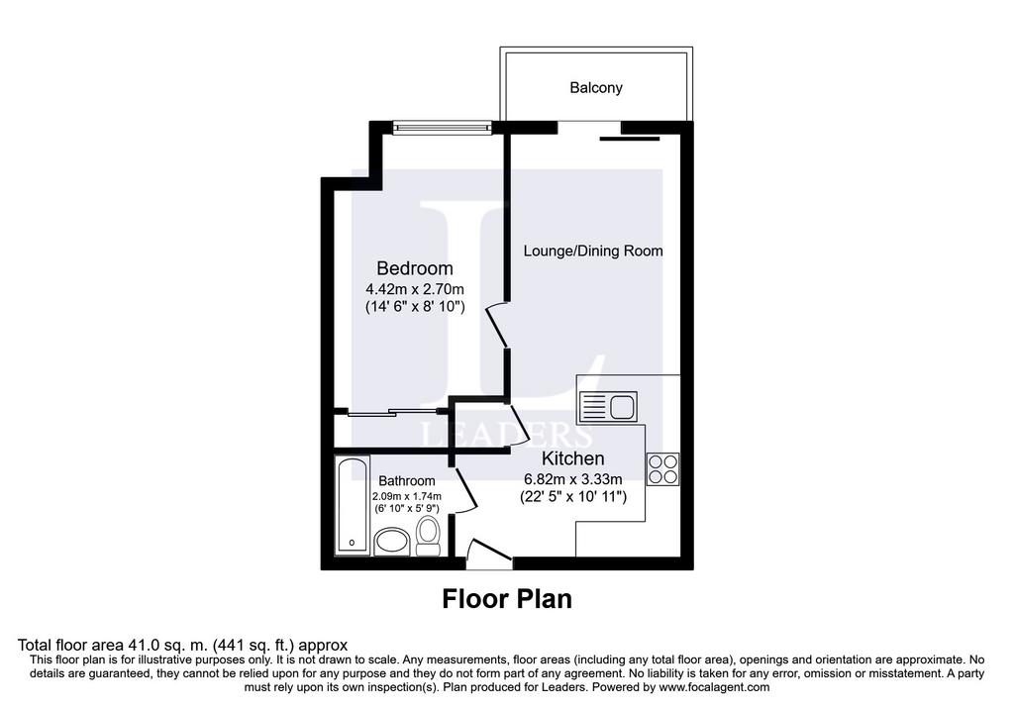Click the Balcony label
click(x=595, y=87)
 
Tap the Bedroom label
click(x=415, y=268)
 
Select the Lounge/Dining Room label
click(x=593, y=251)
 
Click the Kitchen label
click(x=573, y=458)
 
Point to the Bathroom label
click(x=407, y=481)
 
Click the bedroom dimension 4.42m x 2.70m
click(x=415, y=289)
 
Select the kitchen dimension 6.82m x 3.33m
click(x=573, y=479)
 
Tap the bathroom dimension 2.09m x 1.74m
click(x=407, y=497)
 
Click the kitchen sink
click(x=609, y=407)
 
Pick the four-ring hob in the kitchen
click(x=663, y=468)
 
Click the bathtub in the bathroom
click(x=353, y=505)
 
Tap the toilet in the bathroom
click(x=428, y=536)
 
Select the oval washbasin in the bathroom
click(x=392, y=542)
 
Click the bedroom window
click(x=443, y=128)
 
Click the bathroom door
click(x=465, y=489)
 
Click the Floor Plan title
click(x=507, y=599)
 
